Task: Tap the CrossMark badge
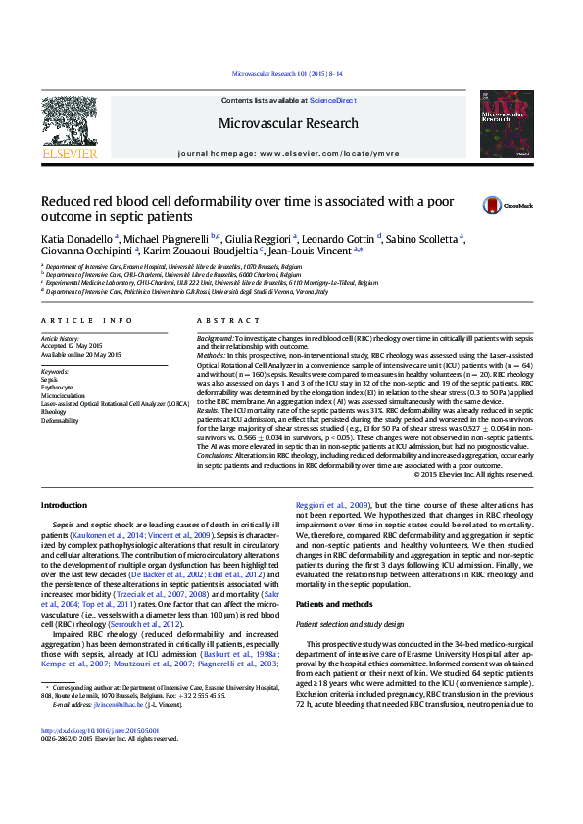tap(505, 206)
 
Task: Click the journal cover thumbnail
tap(506, 124)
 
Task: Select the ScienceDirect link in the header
tap(333, 101)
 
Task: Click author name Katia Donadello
tap(76, 238)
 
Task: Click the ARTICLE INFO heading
tap(86, 321)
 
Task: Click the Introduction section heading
tap(64, 505)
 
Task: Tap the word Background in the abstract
tap(215, 335)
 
